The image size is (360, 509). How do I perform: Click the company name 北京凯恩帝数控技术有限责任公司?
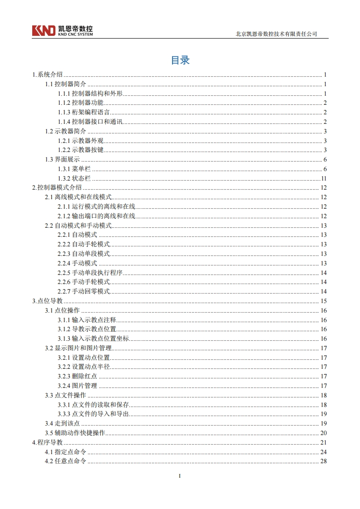276,34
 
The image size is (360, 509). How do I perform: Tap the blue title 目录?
180,60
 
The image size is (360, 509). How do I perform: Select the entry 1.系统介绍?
48,75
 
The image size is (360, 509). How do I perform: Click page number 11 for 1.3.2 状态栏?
324,178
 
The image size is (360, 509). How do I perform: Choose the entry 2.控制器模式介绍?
57,188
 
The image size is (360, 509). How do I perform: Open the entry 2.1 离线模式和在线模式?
78,197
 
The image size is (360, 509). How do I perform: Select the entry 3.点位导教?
48,301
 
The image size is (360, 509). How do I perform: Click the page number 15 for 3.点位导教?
324,301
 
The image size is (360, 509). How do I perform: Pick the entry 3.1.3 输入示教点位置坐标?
93,339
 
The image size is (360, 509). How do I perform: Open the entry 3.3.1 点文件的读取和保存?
93,405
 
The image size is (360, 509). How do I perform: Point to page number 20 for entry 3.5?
324,433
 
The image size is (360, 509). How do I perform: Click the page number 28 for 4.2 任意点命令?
324,461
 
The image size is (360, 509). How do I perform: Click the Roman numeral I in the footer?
180,476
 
